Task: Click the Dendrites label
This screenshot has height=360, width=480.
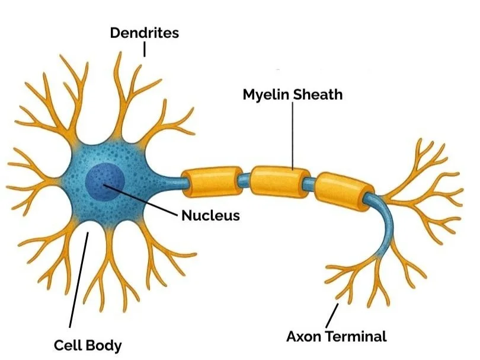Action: click(144, 33)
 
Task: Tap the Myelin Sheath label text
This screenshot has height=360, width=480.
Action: click(292, 94)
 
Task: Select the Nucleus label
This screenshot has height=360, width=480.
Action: click(210, 215)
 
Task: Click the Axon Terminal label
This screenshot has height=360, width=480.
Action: click(336, 336)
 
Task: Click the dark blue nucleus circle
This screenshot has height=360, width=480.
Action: click(105, 183)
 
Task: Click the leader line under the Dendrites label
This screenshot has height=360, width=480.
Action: click(144, 49)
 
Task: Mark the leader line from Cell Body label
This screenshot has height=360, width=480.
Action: click(79, 279)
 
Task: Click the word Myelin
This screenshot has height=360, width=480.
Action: click(267, 94)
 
